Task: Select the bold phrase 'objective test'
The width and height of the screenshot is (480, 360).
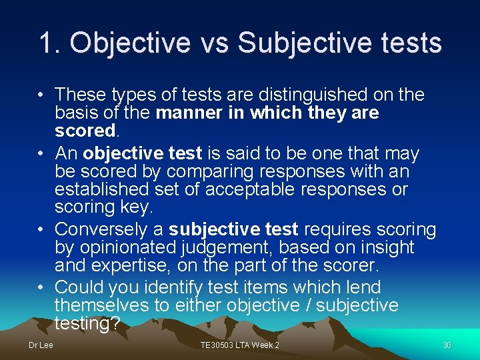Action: pyautogui.click(x=142, y=153)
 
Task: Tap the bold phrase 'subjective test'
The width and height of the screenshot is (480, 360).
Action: pyautogui.click(x=233, y=229)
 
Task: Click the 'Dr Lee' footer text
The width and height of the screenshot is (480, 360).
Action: pyautogui.click(x=40, y=345)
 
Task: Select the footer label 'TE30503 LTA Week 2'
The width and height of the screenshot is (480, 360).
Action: pyautogui.click(x=240, y=345)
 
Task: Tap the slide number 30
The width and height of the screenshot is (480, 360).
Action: pyautogui.click(x=447, y=345)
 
